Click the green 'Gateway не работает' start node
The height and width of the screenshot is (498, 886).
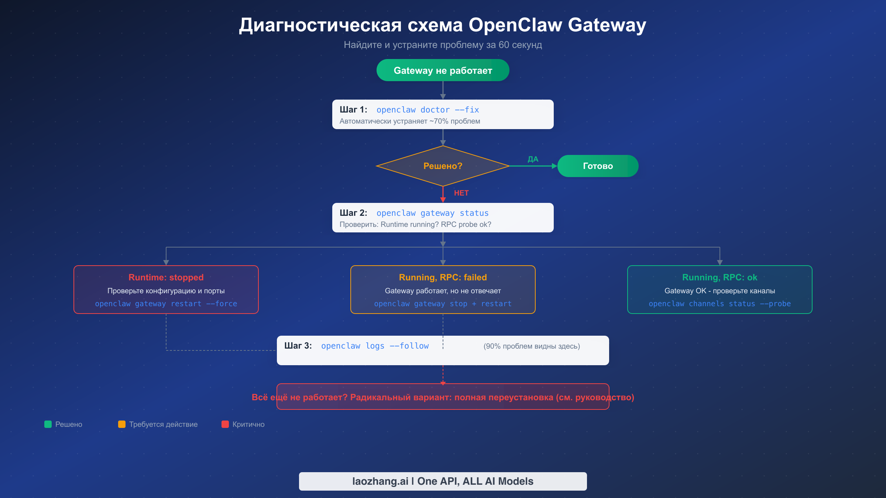coord(443,70)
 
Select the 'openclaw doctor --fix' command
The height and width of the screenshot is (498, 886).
coord(427,110)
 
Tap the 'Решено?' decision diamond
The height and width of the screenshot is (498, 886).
coord(443,166)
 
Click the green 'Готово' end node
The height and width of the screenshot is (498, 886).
coord(598,166)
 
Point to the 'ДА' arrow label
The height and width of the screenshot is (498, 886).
coord(533,159)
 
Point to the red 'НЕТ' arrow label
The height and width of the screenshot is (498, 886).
coord(461,193)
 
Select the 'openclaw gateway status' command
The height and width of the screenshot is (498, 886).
coord(432,213)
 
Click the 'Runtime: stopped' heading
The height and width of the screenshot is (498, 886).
coord(166,277)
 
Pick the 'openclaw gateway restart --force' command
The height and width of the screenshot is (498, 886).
coord(166,304)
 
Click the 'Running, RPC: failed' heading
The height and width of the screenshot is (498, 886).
coord(443,277)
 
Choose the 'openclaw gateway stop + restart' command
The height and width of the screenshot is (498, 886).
coord(443,304)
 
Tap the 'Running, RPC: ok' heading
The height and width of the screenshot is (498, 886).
coord(720,277)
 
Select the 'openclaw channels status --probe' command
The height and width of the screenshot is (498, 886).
coord(720,304)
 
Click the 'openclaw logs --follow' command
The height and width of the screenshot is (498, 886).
coord(375,346)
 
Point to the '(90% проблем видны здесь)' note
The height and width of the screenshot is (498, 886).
coord(532,346)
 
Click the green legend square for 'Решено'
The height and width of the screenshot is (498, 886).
coord(48,424)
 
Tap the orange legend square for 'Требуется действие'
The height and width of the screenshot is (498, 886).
coord(122,424)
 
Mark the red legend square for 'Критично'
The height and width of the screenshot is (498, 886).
coord(225,424)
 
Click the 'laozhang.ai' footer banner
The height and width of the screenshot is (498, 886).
coord(443,481)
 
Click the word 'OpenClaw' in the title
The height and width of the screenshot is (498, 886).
coord(515,25)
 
